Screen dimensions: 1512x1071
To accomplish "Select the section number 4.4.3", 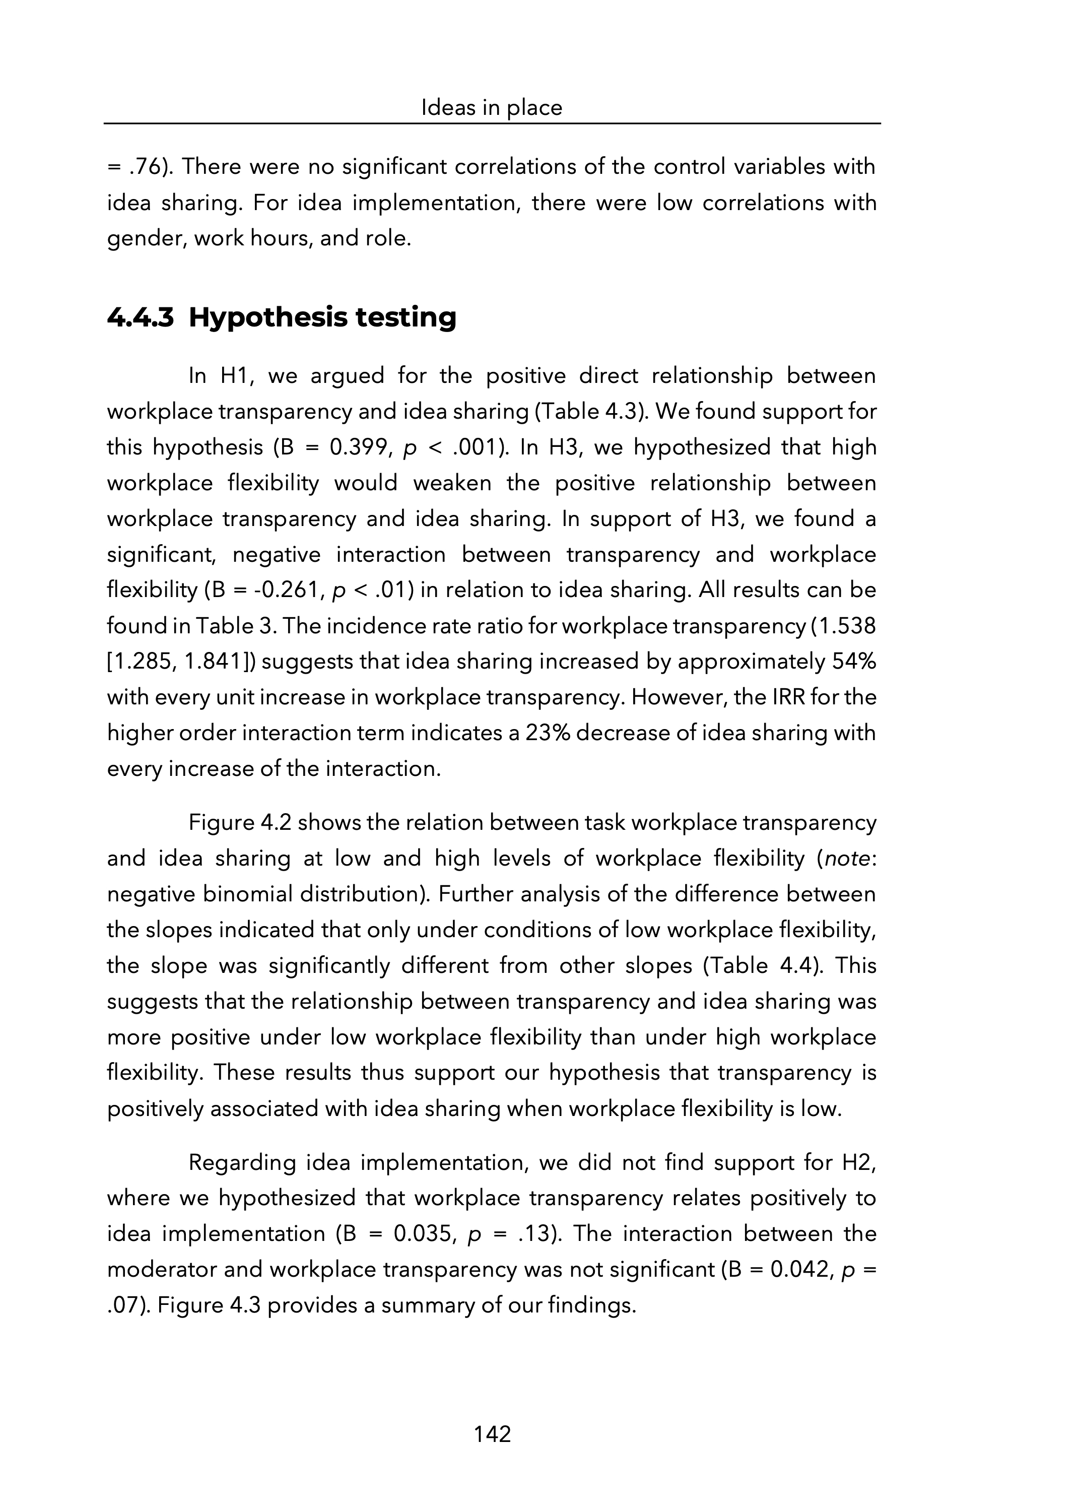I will click(x=140, y=318).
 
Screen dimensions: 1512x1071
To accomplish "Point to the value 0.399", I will click(x=356, y=448).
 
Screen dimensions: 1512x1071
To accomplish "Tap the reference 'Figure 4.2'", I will click(x=239, y=823).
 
